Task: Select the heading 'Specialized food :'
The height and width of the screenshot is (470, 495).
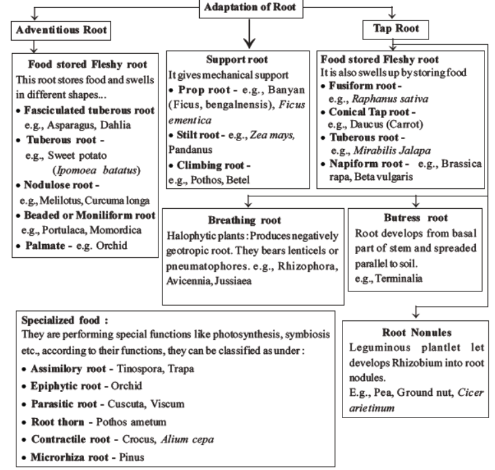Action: pos(65,321)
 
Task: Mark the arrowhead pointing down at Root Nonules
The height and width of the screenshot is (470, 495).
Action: pos(415,314)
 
